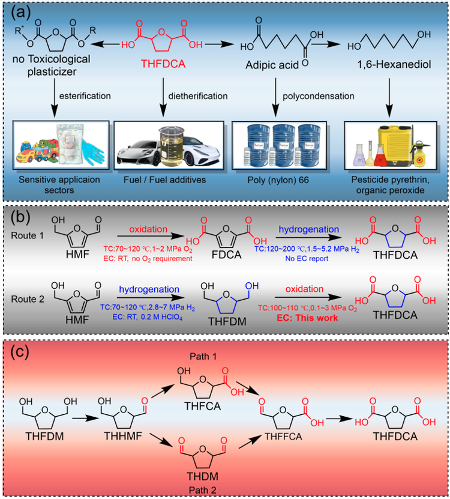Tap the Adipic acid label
click(278, 67)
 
